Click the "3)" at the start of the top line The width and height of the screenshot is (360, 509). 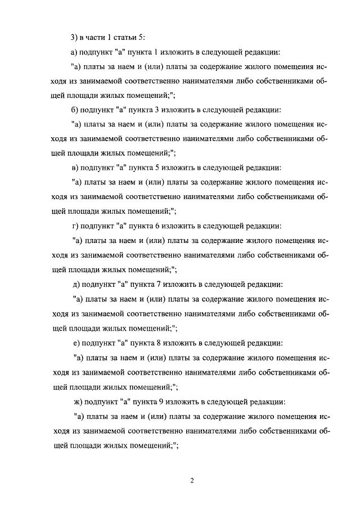74,38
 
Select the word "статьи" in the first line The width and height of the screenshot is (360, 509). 127,38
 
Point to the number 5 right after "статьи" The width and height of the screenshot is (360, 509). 143,38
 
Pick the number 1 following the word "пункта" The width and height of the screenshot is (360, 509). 155,52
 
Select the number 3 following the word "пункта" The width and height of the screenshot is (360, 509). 156,110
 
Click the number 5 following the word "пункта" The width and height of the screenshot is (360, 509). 156,168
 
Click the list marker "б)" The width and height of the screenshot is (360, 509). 74,110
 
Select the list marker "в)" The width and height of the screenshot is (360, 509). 74,168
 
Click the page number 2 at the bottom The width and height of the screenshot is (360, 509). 191,481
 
